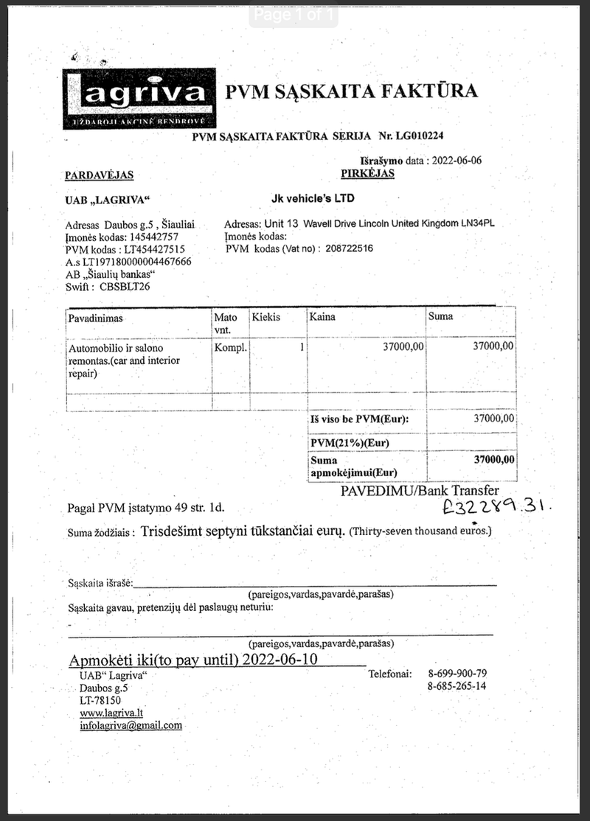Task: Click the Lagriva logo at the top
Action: pyautogui.click(x=139, y=99)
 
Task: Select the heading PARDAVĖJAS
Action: pyautogui.click(x=99, y=175)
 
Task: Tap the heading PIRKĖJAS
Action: pyautogui.click(x=367, y=174)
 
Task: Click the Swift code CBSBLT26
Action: pyautogui.click(x=125, y=287)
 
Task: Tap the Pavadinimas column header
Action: pyautogui.click(x=95, y=318)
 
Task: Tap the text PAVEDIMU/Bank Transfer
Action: pyautogui.click(x=420, y=491)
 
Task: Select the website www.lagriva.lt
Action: pyautogui.click(x=111, y=713)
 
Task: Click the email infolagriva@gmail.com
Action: pyautogui.click(x=131, y=725)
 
